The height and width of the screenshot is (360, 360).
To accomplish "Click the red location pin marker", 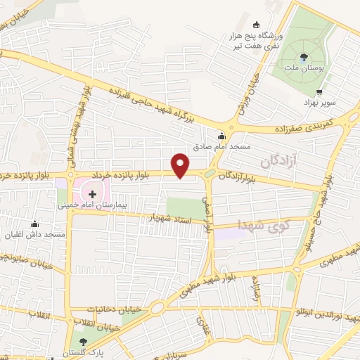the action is [181, 165].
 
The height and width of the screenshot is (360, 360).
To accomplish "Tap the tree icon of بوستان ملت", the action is [304, 56].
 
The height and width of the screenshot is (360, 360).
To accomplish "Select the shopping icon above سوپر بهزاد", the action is [320, 91].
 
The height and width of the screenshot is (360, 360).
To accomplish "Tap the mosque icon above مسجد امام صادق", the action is [222, 136].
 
